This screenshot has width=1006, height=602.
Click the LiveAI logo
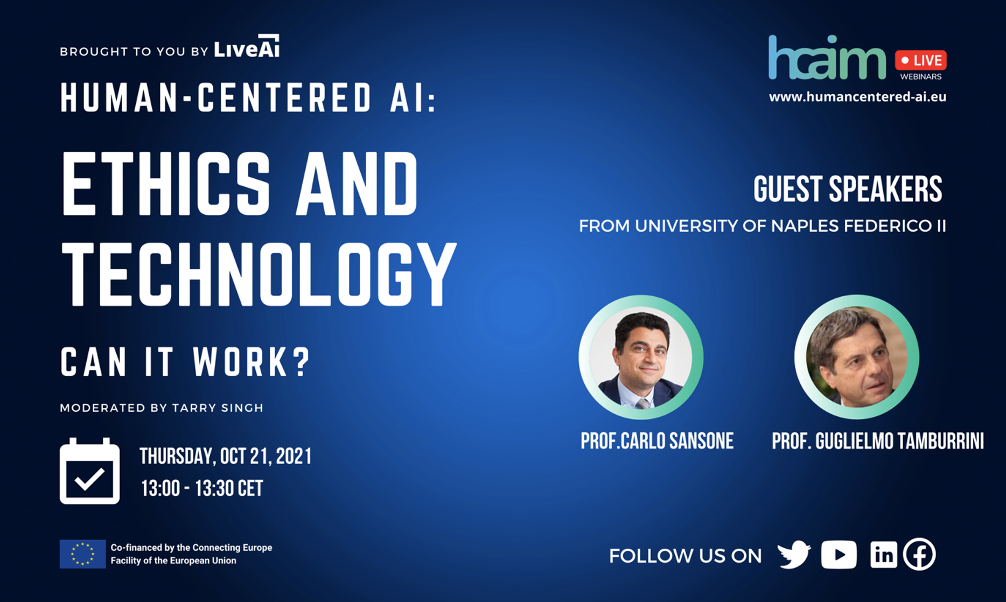pyautogui.click(x=247, y=46)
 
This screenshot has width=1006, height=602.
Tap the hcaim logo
pyautogui.click(x=827, y=58)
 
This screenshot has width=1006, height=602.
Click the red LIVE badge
pyautogui.click(x=920, y=60)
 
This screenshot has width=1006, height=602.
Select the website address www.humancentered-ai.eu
pyautogui.click(x=857, y=97)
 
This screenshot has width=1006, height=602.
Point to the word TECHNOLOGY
pyautogui.click(x=259, y=274)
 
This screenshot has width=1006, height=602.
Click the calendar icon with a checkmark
pyautogui.click(x=89, y=471)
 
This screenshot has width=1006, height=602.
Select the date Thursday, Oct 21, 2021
pyautogui.click(x=226, y=456)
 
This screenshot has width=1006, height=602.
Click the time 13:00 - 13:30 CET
pyautogui.click(x=202, y=488)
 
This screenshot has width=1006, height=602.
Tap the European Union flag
pyautogui.click(x=82, y=554)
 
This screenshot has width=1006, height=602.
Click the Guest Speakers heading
pyautogui.click(x=848, y=189)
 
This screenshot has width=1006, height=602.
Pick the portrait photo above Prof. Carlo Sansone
pyautogui.click(x=641, y=357)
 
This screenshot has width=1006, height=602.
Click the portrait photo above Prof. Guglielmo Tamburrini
pyautogui.click(x=857, y=357)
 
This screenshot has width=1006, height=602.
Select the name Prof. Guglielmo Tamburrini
pyautogui.click(x=878, y=441)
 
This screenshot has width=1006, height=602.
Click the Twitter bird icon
pyautogui.click(x=794, y=555)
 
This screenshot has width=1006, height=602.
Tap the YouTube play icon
pyautogui.click(x=839, y=555)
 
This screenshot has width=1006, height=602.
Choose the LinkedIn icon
pyautogui.click(x=884, y=555)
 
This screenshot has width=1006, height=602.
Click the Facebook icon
pyautogui.click(x=919, y=554)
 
